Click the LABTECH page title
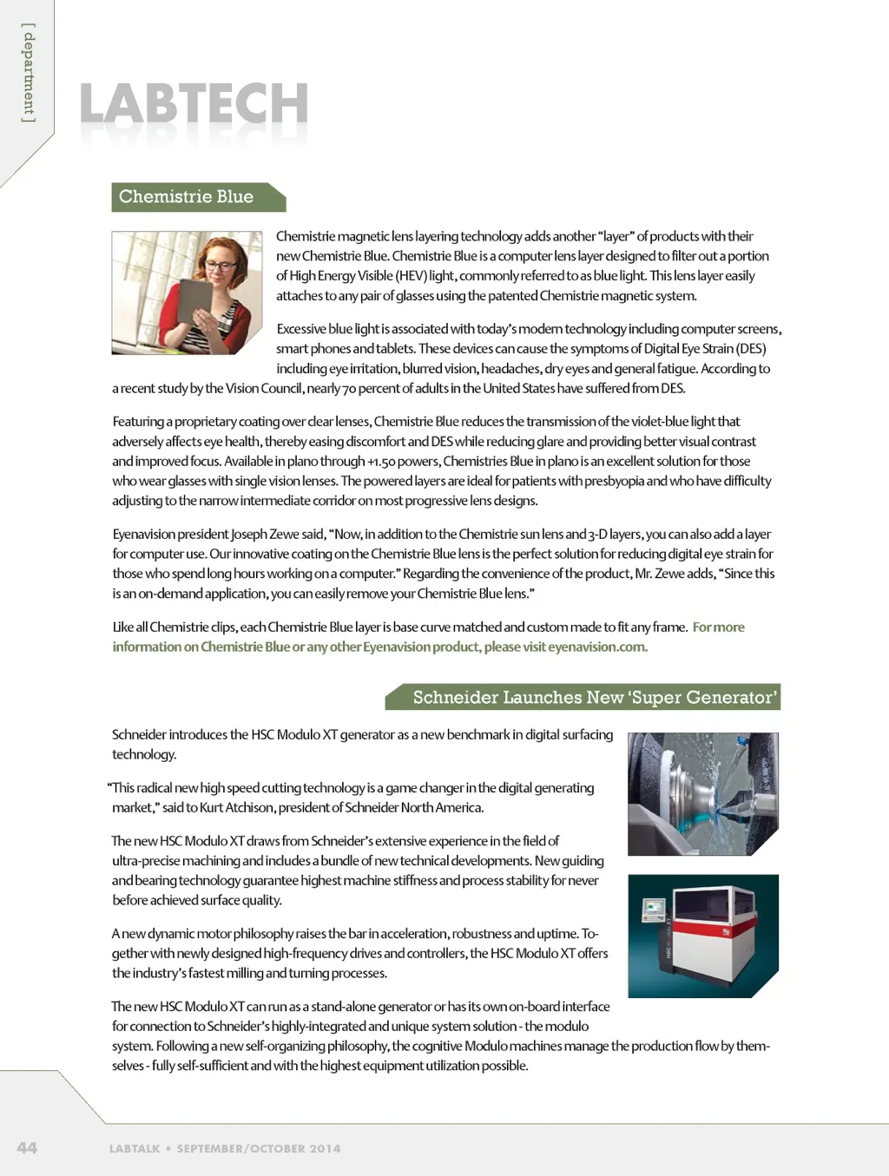(x=194, y=104)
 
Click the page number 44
(x=27, y=1147)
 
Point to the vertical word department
(x=29, y=73)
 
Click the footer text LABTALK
(x=135, y=1148)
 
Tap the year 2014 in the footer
(x=325, y=1148)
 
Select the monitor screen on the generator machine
(x=652, y=909)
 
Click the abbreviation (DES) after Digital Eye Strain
(x=751, y=349)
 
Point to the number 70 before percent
(x=349, y=388)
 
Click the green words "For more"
(x=718, y=627)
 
